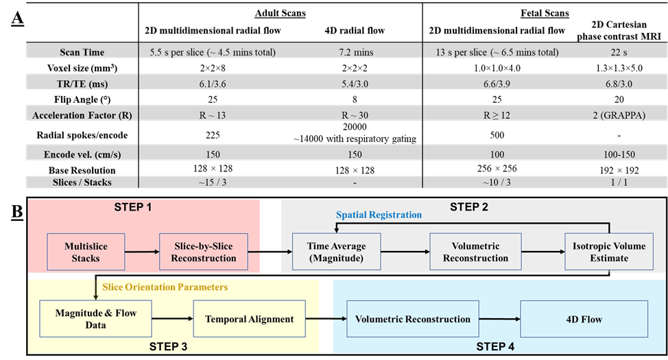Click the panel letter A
tap(17, 19)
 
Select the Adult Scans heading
tap(281, 13)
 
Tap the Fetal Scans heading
tap(545, 13)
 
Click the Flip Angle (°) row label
tap(82, 99)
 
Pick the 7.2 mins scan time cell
tap(355, 52)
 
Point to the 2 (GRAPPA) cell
tap(619, 115)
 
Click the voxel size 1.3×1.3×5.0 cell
tap(619, 68)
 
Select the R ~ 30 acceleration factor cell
tap(355, 115)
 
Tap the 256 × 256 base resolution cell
tap(497, 168)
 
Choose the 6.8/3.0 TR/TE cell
tap(619, 84)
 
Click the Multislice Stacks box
tap(86, 252)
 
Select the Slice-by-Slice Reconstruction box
tap(204, 252)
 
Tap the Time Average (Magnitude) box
tap(337, 252)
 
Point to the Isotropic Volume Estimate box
tap(609, 252)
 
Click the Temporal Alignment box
tap(249, 319)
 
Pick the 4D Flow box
tap(584, 319)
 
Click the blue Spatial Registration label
tap(379, 215)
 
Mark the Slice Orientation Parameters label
tap(165, 287)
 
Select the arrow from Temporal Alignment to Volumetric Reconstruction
tap(326, 319)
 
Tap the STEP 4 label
tap(495, 346)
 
